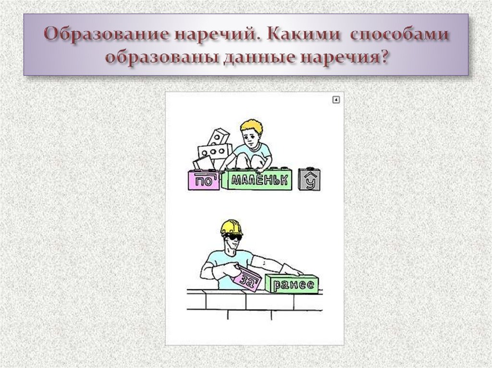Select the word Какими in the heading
(x=305, y=36)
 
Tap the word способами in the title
(x=400, y=36)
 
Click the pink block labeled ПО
(x=203, y=181)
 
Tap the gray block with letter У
(x=309, y=180)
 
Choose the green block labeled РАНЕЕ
(x=295, y=285)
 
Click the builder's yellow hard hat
(x=231, y=227)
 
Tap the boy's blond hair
(x=252, y=127)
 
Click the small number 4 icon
(x=336, y=100)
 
